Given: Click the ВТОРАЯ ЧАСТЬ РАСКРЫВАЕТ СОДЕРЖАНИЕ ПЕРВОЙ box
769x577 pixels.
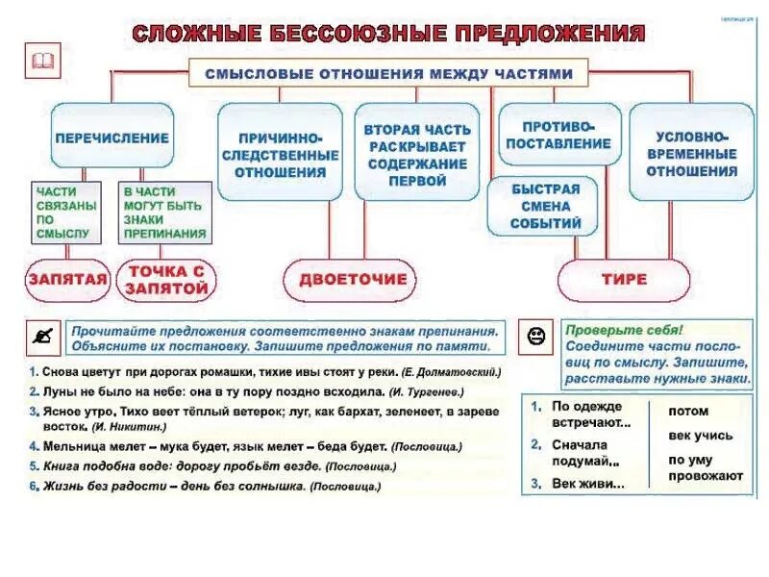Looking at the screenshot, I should coord(417,154).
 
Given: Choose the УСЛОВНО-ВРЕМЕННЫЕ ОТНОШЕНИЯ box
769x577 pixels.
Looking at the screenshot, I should coord(691,154).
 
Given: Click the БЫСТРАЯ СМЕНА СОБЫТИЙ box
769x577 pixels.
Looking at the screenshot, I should coord(547,206).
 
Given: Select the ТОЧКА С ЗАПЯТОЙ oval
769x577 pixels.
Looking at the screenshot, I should coord(167,279).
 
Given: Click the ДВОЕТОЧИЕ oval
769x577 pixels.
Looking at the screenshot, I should coord(353,279).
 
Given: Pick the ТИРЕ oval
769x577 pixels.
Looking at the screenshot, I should coord(624,279).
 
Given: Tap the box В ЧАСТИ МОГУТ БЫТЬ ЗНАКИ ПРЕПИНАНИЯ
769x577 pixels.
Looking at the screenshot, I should coord(163,213).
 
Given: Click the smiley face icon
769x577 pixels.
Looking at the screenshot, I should coord(535,336).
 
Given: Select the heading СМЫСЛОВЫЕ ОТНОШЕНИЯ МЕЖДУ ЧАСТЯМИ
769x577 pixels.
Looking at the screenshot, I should coord(388,73).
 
